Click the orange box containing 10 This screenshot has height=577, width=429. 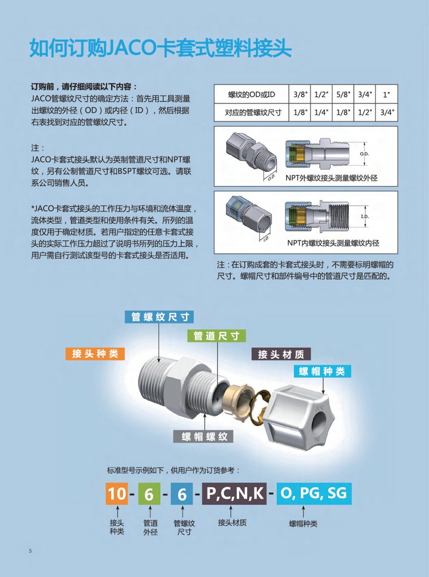click(x=117, y=494)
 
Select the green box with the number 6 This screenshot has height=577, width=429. click(x=149, y=494)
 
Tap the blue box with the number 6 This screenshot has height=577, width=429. click(x=182, y=494)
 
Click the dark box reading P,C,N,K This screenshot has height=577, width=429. click(x=235, y=494)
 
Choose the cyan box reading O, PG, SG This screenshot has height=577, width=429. click(x=314, y=494)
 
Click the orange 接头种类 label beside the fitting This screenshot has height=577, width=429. click(x=95, y=354)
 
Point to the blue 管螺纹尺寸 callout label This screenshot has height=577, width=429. click(x=159, y=317)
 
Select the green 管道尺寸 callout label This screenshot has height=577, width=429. click(x=216, y=335)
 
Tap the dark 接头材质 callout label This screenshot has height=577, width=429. click(x=281, y=354)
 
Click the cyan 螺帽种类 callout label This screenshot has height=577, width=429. click(x=323, y=371)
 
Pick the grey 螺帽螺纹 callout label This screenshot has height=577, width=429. click(x=204, y=436)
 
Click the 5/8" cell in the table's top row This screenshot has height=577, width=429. click(x=343, y=95)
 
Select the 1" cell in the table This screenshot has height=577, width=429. click(x=386, y=95)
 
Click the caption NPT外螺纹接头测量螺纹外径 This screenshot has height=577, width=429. click(x=331, y=178)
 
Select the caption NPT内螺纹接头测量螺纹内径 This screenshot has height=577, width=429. click(x=333, y=243)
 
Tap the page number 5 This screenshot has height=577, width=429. click(x=30, y=551)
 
